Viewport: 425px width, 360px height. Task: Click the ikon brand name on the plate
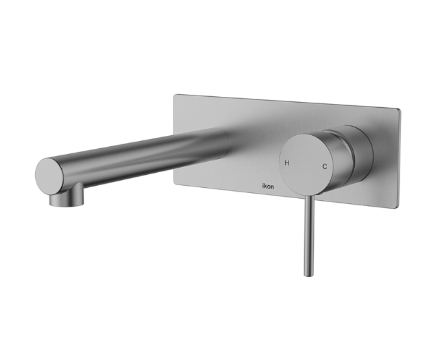(x=268, y=186)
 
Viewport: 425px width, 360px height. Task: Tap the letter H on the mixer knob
(x=287, y=163)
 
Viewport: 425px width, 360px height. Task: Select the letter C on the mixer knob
(x=324, y=166)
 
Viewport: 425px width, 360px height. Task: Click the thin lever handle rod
(x=309, y=235)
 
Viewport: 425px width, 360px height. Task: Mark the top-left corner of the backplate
(x=174, y=95)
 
